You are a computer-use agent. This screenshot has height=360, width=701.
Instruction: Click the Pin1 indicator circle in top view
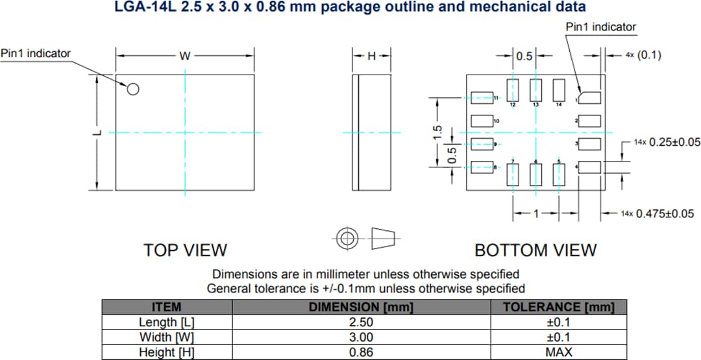(x=132, y=90)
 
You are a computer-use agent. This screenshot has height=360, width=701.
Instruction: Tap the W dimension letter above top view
(x=185, y=56)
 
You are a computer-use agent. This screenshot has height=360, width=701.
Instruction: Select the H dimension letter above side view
(x=371, y=56)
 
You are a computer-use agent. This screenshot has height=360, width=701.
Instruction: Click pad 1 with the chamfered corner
(x=589, y=97)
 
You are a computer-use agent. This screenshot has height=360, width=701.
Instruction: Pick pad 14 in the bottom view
(x=558, y=90)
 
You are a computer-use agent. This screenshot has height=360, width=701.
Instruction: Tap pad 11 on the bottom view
(x=481, y=97)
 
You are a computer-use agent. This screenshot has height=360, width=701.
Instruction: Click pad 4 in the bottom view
(x=589, y=167)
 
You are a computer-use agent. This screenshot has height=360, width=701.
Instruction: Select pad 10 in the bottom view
(x=481, y=121)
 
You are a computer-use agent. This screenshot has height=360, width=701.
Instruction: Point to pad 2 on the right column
(x=589, y=121)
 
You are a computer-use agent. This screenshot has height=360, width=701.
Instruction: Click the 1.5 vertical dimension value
(x=437, y=132)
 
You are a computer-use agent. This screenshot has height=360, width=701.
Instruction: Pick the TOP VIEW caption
(x=185, y=250)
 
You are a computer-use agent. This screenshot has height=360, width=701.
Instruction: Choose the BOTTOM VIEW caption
(x=535, y=250)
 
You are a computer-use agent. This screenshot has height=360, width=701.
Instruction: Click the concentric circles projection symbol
(x=348, y=239)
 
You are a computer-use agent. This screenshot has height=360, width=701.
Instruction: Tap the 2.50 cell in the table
(x=360, y=322)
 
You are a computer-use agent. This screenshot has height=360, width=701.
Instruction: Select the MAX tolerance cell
(x=558, y=352)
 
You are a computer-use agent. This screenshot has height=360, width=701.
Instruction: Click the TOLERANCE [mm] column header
(x=558, y=307)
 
